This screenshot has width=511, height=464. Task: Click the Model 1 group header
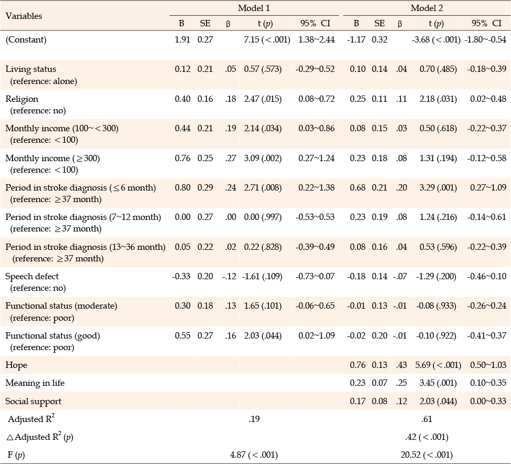254,8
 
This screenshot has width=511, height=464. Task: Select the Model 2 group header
426,8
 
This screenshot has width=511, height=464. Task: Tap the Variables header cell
24,16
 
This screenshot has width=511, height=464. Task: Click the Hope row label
16,365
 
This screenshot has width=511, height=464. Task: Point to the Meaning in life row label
35,383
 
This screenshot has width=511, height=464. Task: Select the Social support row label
33,401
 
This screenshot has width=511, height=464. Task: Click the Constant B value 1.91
182,40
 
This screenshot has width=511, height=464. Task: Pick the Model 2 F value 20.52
411,455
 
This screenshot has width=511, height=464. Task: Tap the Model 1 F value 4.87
238,455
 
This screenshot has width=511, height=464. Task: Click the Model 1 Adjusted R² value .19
254,419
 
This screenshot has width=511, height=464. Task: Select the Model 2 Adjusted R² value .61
426,419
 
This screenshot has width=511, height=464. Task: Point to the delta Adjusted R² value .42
411,437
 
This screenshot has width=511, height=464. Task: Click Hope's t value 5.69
423,365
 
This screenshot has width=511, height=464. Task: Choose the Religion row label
22,99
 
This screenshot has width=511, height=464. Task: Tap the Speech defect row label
32,277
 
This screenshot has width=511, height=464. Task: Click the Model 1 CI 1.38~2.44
317,40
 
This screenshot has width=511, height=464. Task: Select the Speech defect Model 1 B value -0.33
181,277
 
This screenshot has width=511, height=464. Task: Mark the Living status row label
30,69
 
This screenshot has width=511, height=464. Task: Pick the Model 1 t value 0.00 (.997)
263,217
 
